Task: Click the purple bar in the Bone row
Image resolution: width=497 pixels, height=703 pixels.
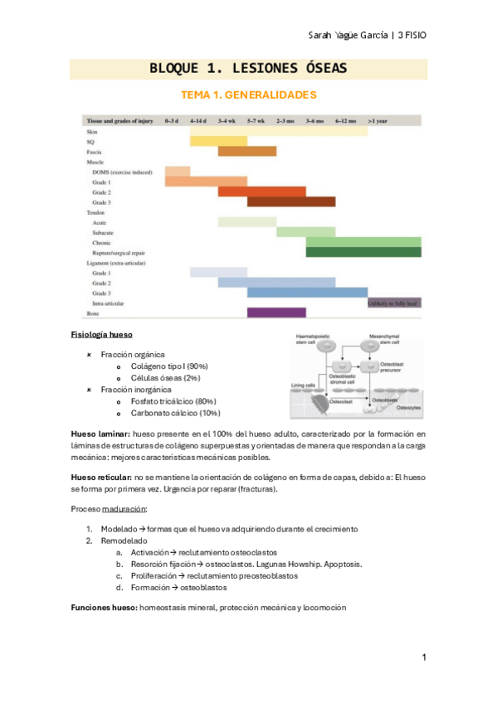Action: point(276,313)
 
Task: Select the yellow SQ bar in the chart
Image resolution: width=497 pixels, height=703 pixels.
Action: point(218,141)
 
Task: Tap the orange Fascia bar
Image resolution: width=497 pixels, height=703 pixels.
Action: point(247,152)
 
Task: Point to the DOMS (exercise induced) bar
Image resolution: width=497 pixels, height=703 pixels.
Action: point(178,172)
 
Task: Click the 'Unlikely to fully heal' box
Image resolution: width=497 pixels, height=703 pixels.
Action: point(394,303)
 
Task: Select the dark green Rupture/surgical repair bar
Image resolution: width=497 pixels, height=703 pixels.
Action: point(363,252)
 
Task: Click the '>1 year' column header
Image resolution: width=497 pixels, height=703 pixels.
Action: point(379,120)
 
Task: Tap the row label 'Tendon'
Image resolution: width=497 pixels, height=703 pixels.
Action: point(96,212)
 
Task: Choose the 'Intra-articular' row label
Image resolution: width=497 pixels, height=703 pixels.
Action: point(111,303)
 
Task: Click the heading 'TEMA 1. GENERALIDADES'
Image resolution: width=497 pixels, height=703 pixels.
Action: point(249,95)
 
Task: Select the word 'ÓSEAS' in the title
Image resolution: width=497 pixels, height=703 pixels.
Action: point(318,68)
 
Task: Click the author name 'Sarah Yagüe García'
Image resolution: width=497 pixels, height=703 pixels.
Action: point(335,35)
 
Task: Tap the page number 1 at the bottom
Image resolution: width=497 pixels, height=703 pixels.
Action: point(424,657)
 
